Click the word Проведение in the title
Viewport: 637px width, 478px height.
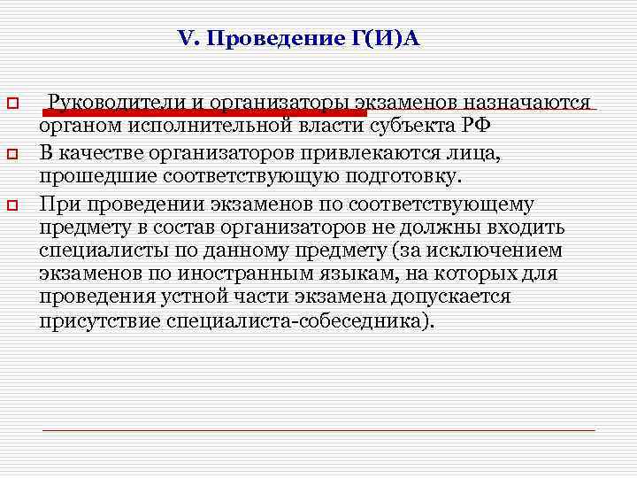269,40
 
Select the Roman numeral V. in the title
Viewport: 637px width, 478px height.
190,40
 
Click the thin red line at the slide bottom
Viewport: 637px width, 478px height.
318,429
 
